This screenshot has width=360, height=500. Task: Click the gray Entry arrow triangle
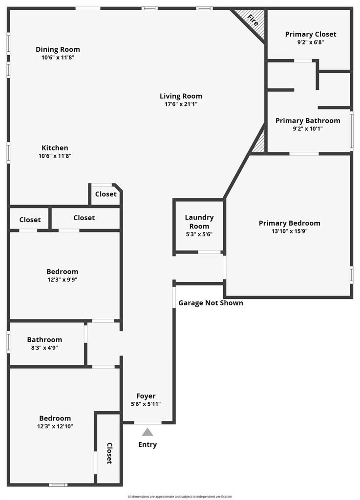point(148,432)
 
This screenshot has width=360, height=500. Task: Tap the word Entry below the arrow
point(148,444)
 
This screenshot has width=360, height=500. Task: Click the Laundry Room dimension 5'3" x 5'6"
point(199,234)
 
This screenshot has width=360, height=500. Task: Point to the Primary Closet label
point(311,34)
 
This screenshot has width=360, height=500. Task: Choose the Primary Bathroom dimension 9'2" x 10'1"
point(308,129)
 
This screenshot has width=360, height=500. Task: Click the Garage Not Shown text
point(211,303)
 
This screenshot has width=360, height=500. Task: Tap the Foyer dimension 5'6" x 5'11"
point(146,404)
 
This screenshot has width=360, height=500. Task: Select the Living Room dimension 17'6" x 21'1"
point(181,104)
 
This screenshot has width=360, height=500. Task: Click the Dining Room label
point(58,49)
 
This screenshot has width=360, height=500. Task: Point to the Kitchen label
point(55,148)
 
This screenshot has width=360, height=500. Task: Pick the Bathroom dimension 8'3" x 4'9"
point(44,348)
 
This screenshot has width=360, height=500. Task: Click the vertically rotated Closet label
point(109,453)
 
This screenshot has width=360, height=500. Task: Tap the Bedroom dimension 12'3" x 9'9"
point(63,280)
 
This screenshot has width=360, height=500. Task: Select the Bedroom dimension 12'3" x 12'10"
point(55,426)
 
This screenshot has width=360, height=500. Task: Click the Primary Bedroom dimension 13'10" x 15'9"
point(290,231)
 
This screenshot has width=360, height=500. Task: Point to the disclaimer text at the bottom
point(180,497)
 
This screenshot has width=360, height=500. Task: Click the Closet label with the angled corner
point(106,194)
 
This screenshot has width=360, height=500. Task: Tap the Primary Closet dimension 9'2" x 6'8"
point(311,42)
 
